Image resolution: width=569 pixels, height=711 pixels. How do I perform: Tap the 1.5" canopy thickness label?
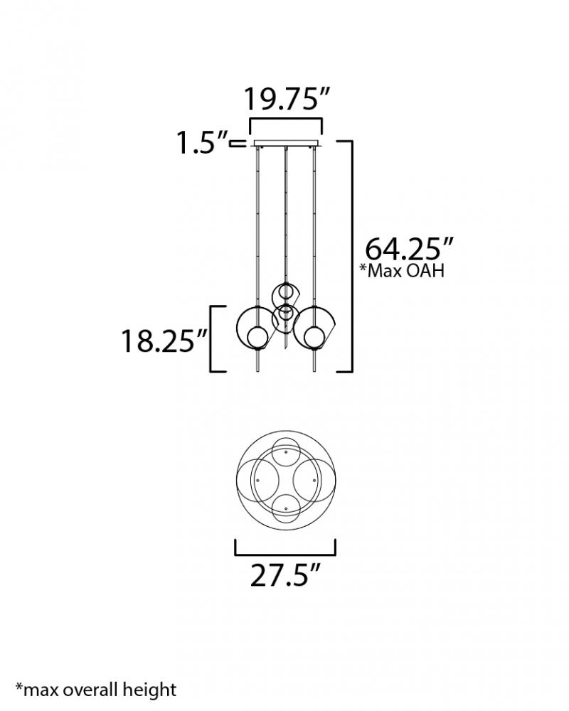click(202, 144)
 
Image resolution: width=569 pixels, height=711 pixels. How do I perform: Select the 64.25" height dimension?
click(409, 248)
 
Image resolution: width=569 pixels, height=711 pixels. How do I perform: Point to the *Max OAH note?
click(402, 271)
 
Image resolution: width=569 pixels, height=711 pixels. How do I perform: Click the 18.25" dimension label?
click(164, 341)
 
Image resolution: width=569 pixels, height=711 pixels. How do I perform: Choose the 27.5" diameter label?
click(286, 575)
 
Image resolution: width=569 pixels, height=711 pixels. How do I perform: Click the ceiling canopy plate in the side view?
click(286, 144)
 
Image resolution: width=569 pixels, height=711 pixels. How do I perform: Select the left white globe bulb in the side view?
click(255, 337)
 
